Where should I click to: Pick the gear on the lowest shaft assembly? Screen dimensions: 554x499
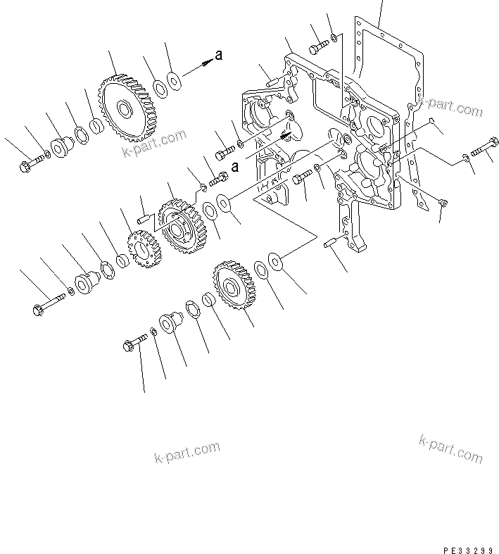click(x=234, y=287)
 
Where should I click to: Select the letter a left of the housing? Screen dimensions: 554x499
click(x=235, y=167)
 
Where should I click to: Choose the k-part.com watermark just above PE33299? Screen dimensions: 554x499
click(x=451, y=448)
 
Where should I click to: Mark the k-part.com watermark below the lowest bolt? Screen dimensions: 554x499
click(x=187, y=454)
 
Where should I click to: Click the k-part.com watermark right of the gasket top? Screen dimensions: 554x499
click(x=451, y=107)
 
